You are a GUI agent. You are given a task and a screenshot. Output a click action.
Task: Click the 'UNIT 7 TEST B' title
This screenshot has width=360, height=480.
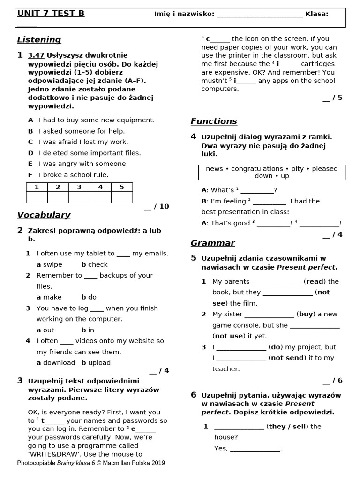point(51,14)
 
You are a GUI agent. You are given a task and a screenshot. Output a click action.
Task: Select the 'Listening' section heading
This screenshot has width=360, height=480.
point(39,40)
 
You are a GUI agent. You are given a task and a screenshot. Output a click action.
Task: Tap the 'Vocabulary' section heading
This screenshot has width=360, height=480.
point(44,215)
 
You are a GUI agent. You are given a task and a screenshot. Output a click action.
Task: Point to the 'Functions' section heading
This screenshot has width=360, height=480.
point(214,121)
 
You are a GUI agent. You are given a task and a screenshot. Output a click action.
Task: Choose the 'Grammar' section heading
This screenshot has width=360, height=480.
point(212,243)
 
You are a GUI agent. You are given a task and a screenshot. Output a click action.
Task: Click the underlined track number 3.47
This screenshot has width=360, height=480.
point(36,55)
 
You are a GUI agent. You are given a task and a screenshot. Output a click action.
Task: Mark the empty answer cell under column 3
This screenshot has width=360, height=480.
point(79,197)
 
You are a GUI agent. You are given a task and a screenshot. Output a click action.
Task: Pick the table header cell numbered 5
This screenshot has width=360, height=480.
point(122,187)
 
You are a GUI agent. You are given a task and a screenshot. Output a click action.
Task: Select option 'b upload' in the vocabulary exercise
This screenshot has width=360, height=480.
point(96,362)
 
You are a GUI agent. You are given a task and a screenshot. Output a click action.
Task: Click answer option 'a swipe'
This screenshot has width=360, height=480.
point(49,264)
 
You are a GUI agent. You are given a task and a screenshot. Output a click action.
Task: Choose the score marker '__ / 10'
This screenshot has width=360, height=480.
point(157,206)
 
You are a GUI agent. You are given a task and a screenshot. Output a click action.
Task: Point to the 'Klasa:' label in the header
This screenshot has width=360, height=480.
point(317,14)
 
